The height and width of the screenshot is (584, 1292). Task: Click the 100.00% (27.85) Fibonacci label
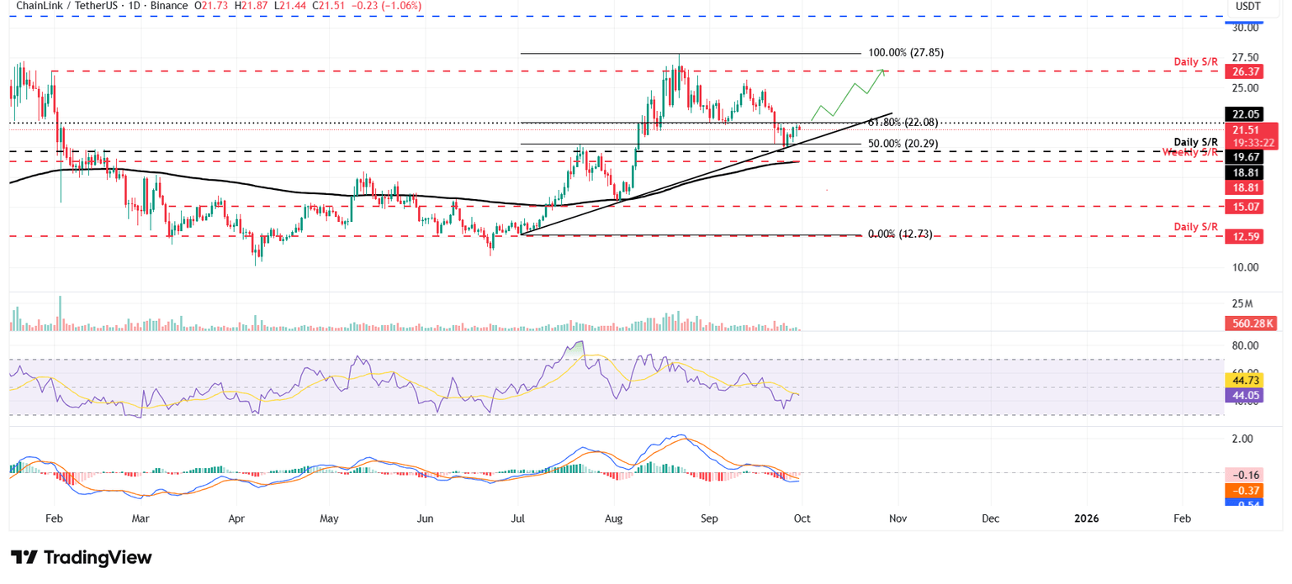(905, 52)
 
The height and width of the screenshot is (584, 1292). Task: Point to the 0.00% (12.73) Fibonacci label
(899, 234)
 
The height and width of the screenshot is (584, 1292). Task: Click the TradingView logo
(82, 558)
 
